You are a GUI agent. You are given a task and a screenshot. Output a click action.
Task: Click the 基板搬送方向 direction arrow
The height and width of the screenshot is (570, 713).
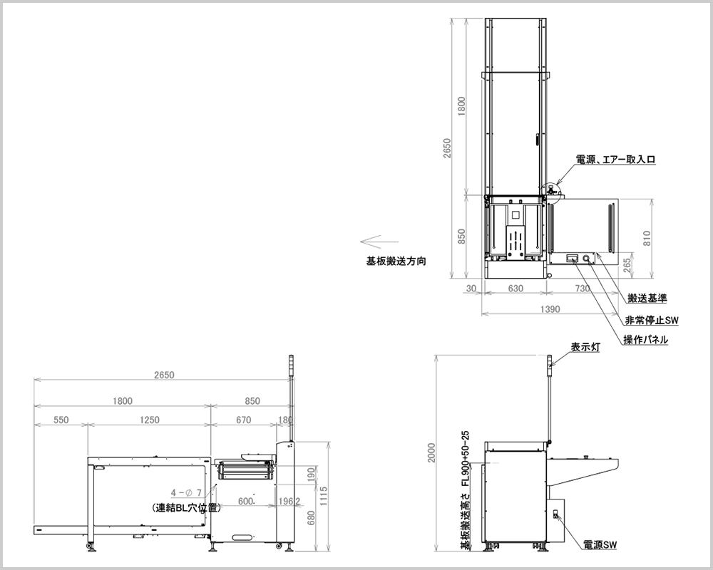[x=379, y=242]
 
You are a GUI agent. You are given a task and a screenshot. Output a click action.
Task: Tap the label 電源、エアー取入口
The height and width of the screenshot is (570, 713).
[x=616, y=160]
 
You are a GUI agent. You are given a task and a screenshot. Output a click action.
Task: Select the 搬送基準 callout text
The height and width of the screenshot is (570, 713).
[x=647, y=299]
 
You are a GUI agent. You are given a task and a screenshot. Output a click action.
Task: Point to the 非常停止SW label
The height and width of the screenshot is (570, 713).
[x=652, y=320]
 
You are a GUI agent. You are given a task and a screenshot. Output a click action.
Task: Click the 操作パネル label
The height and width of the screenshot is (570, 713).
[x=646, y=339]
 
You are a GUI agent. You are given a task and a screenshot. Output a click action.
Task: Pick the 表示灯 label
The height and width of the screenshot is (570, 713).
[x=585, y=347]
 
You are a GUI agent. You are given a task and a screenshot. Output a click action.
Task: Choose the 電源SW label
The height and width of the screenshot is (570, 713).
[x=600, y=544]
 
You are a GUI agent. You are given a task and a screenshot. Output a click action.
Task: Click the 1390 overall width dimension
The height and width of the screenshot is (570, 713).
[x=550, y=309]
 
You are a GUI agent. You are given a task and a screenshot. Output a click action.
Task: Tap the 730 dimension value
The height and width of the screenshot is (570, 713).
[x=583, y=288]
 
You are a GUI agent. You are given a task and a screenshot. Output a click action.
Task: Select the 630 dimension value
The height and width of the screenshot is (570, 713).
[x=515, y=288]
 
